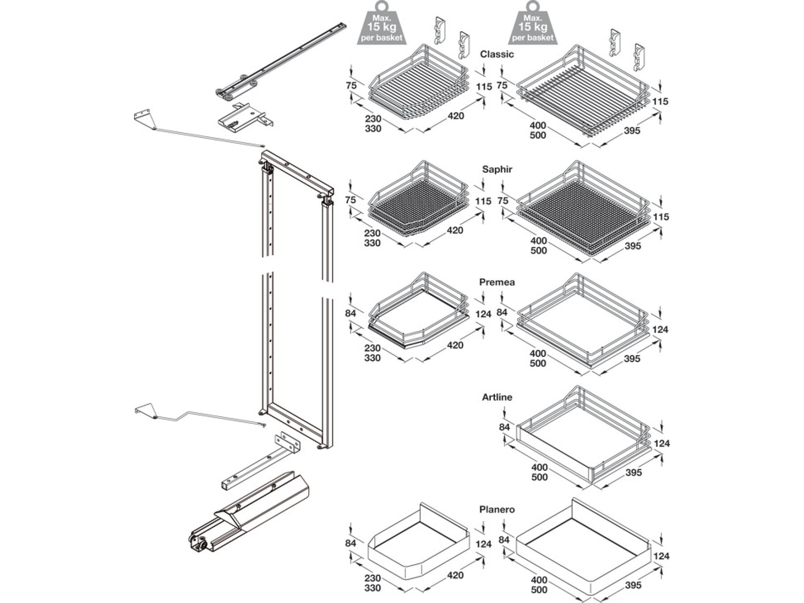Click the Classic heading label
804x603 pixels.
(x=497, y=54)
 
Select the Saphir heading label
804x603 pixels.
(x=497, y=169)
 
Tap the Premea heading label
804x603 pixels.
(x=497, y=282)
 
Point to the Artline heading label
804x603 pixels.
(x=497, y=397)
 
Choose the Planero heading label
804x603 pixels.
(x=497, y=510)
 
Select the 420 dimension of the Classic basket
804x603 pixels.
(x=456, y=116)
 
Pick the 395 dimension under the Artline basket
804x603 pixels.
(x=633, y=473)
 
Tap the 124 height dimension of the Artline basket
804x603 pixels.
(x=662, y=444)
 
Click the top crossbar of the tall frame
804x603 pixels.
(x=297, y=172)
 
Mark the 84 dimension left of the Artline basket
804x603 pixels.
(x=504, y=427)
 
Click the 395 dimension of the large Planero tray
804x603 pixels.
(x=633, y=585)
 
